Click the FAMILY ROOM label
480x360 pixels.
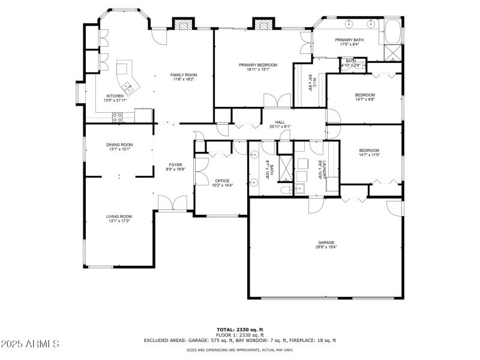point(184,75)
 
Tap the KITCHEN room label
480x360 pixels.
point(115,96)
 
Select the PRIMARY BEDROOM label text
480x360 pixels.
point(258,65)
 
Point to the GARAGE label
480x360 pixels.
point(326,242)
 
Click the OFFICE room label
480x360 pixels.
point(222,181)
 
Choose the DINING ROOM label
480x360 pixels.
point(119,145)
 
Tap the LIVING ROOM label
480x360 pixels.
point(119,217)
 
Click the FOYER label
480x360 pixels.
point(175,164)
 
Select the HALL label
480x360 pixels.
point(280,122)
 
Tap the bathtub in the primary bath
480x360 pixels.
point(393,30)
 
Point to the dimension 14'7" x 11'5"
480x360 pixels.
point(369,155)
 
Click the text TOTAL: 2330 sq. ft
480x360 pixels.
point(240,329)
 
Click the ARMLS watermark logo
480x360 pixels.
point(30,344)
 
